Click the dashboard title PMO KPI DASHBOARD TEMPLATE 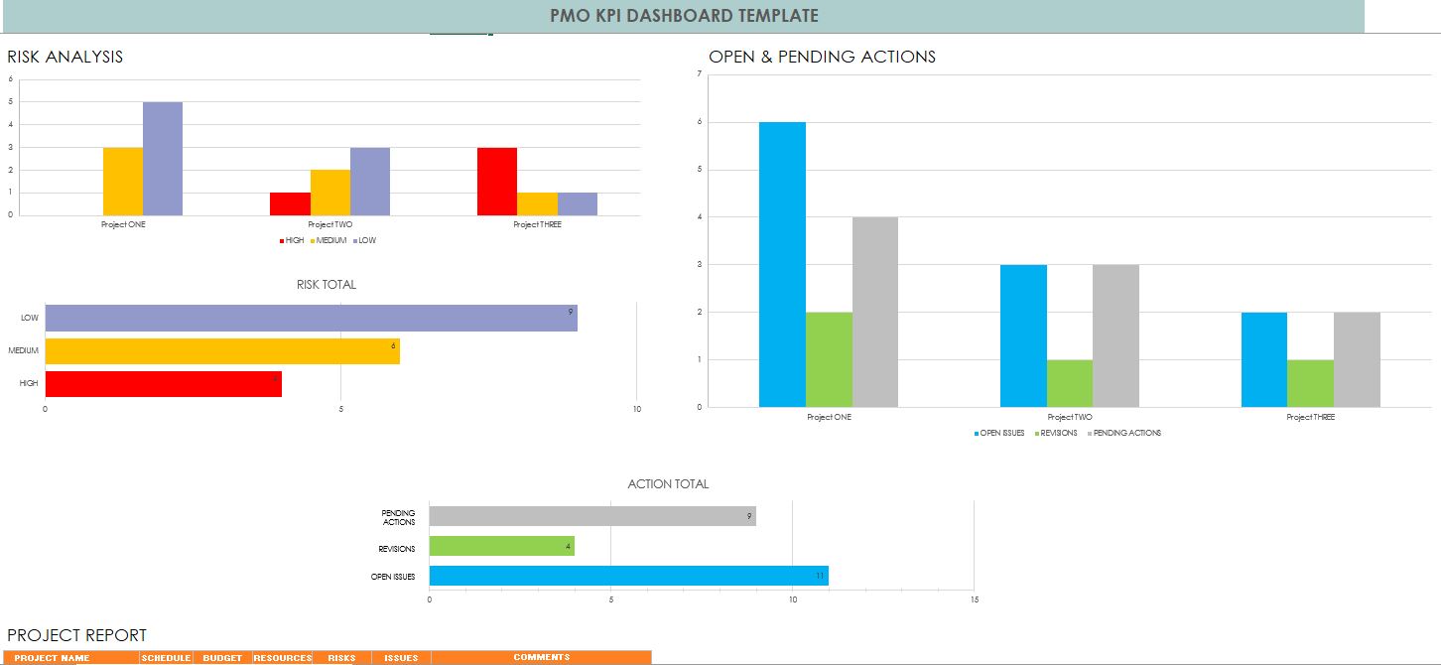684,16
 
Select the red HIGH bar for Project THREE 497,182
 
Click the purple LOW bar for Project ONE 163,159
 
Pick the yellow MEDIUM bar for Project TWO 330,193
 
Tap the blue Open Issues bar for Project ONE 782,264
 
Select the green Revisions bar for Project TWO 1070,383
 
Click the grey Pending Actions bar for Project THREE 1357,359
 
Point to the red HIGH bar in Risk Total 164,384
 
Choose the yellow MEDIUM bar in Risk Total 222,351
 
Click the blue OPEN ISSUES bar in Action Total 628,576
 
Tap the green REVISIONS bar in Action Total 501,546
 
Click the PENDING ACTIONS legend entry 1125,433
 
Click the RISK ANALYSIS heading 65,57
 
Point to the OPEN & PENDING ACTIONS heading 822,57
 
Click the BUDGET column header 222,657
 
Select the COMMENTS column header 541,657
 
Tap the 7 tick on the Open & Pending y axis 700,74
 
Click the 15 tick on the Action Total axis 974,599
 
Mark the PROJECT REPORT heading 76,635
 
